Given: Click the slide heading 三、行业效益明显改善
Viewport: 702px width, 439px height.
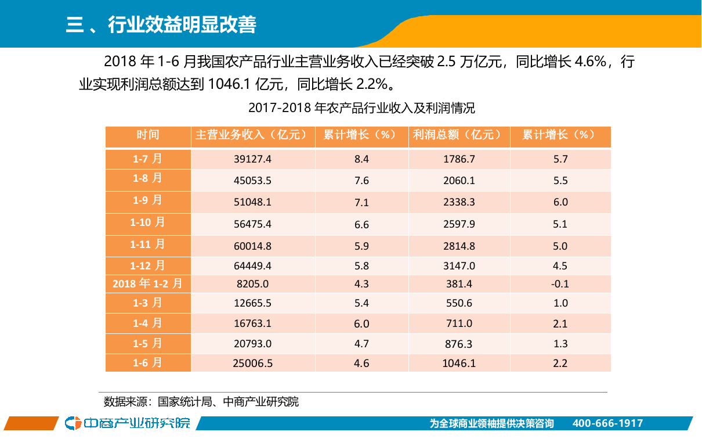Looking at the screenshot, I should click(161, 26).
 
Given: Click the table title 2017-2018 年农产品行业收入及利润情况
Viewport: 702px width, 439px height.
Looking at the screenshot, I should click(361, 108).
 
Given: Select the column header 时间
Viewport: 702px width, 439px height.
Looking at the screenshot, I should click(148, 135).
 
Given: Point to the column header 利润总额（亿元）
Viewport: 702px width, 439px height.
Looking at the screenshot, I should click(458, 135).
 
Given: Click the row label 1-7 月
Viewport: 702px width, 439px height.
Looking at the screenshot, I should click(148, 158).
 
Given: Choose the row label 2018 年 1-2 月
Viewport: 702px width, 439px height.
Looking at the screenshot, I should click(148, 283).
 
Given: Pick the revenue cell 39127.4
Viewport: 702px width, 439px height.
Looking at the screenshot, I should click(252, 159).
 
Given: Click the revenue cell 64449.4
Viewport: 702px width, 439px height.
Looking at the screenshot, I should click(252, 266).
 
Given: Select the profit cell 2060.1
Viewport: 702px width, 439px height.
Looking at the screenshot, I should click(459, 181).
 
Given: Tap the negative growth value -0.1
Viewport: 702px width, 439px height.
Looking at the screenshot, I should click(560, 284).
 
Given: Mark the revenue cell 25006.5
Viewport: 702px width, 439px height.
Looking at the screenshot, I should click(252, 364).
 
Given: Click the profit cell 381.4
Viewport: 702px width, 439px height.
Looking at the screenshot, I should click(459, 284).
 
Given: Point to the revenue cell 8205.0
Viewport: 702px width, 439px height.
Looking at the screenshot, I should click(252, 284).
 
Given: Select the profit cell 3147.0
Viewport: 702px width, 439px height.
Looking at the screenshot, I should click(459, 266).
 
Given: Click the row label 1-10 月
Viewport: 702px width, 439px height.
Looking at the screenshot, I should click(148, 222).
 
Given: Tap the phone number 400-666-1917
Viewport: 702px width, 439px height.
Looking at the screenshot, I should click(607, 423).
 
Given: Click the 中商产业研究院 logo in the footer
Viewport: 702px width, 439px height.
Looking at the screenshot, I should click(128, 423).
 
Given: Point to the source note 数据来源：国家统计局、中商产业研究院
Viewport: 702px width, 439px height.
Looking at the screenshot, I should click(201, 402).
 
